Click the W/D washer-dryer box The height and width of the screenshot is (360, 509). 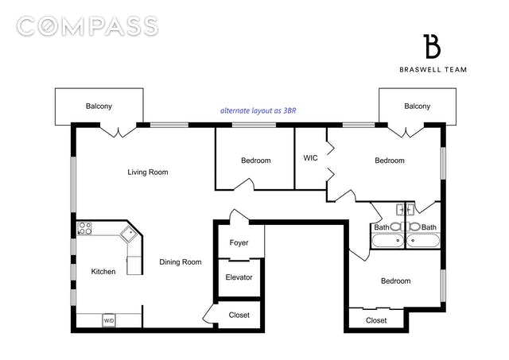109,320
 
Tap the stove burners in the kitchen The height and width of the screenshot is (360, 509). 85,228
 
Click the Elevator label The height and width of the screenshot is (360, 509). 239,277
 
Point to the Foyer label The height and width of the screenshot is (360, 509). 239,242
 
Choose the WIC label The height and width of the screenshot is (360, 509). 310,158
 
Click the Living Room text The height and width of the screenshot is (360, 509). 148,172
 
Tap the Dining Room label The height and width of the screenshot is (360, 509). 181,262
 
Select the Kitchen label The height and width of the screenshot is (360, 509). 103,272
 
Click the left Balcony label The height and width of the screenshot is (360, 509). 99,106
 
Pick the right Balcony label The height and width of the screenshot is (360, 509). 417,106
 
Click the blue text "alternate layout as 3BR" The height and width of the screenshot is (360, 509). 258,110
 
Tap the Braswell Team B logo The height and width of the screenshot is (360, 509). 432,46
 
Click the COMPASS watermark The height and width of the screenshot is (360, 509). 87,26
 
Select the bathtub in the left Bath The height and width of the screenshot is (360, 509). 388,241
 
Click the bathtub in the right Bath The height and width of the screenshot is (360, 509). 423,241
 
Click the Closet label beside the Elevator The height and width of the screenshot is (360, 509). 239,315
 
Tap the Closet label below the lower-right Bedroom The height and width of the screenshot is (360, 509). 376,320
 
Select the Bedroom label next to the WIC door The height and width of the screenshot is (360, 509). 390,161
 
